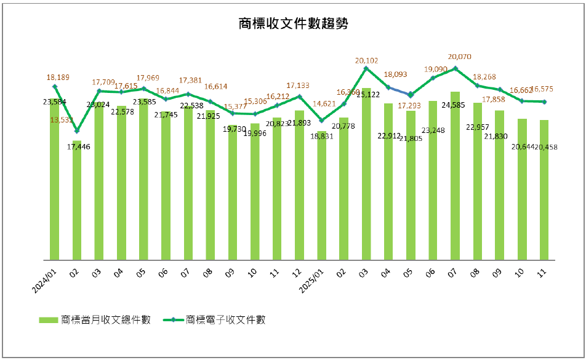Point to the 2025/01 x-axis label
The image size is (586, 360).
tap(312, 281)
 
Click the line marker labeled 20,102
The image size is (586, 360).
tap(366, 68)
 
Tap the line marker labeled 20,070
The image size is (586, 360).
tap(455, 68)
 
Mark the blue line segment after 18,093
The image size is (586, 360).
tap(399, 91)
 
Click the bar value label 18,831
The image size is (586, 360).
tap(321, 136)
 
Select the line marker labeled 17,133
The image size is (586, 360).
tap(300, 96)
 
